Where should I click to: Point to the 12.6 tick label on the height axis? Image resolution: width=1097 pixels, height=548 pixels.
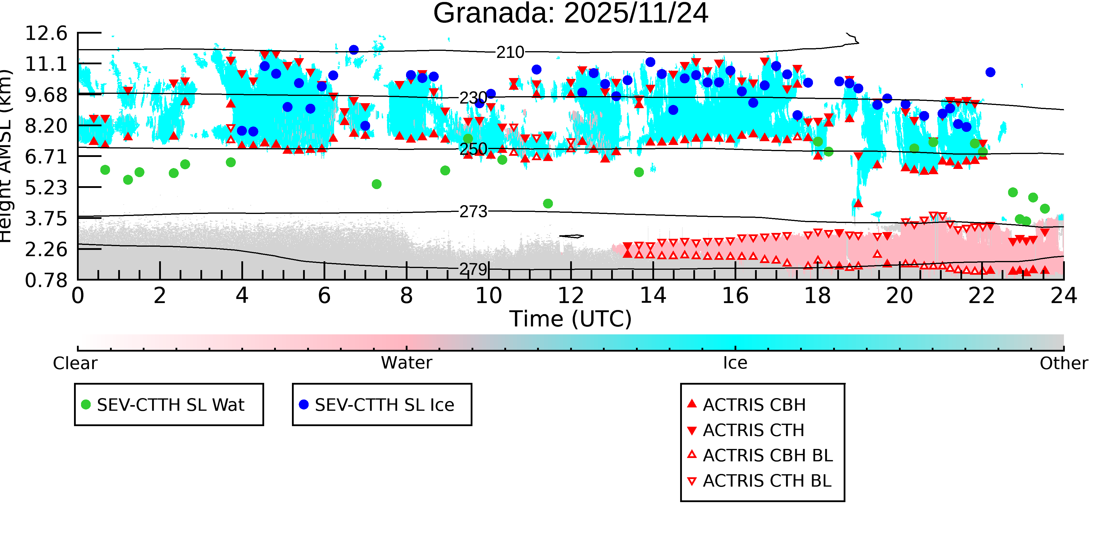pos(46,33)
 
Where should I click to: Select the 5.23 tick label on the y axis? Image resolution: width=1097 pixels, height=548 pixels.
pos(46,188)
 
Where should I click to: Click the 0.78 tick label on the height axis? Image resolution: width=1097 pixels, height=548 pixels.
pos(46,280)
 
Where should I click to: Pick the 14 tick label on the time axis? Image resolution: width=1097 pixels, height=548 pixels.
pos(653,296)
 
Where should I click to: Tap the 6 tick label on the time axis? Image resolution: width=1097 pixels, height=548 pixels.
pos(324,296)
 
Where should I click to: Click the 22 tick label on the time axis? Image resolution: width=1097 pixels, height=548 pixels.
pos(981,296)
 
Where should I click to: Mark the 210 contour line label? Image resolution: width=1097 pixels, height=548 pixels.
pos(510,52)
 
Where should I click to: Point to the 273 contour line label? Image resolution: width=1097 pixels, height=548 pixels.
pos(473,212)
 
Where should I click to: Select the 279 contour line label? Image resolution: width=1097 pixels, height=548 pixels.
pos(473,269)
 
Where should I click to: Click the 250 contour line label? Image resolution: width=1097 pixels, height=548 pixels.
pos(473,149)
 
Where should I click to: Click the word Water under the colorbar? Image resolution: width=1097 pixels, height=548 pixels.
pos(406,363)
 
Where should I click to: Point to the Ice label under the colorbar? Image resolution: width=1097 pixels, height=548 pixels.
pos(735,363)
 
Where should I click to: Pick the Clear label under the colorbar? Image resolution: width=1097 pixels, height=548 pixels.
pos(75,363)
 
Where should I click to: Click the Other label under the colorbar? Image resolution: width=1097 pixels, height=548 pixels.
pos(1063,363)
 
